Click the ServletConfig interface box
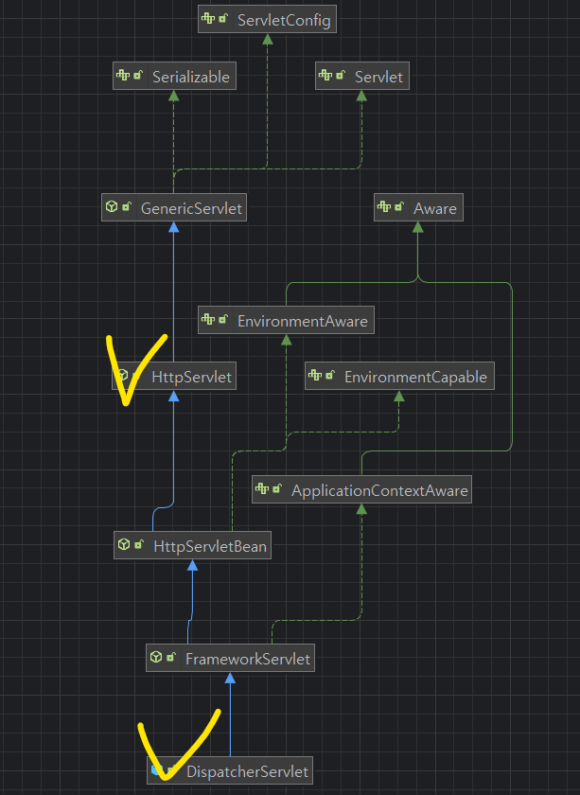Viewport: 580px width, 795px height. (268, 20)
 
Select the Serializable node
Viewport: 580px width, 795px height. (174, 77)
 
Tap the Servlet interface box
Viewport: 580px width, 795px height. (362, 77)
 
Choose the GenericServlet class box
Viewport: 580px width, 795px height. (174, 207)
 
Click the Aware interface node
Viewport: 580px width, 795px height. (418, 207)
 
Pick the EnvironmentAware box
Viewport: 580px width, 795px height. (285, 321)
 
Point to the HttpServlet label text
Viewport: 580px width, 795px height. (191, 378)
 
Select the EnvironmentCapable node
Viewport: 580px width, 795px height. (399, 378)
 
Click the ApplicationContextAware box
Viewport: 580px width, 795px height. (361, 490)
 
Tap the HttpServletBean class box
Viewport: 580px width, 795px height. (191, 545)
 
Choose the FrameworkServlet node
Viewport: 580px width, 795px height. (230, 658)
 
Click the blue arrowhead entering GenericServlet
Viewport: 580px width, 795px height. (173, 227)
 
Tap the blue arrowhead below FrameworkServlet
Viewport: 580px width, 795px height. (230, 678)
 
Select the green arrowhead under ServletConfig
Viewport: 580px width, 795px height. (268, 40)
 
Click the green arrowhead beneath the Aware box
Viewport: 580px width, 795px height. (418, 227)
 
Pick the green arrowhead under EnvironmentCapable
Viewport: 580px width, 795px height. (399, 397)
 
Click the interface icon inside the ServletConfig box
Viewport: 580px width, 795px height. (208, 20)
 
